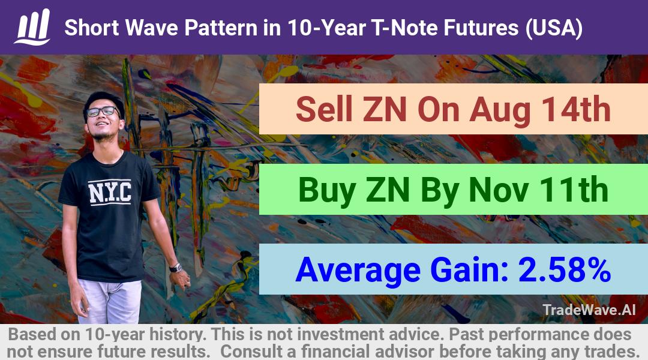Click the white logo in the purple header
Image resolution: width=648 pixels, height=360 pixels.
pyautogui.click(x=32, y=26)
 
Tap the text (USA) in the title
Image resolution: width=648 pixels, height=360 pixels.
pyautogui.click(x=554, y=28)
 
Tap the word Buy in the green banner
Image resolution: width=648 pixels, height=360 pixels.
pyautogui.click(x=327, y=191)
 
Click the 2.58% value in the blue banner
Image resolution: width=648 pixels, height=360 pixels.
pyautogui.click(x=564, y=270)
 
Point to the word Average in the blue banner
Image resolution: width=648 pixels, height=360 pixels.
pyautogui.click(x=358, y=270)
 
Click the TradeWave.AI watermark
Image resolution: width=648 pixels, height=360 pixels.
pyautogui.click(x=589, y=310)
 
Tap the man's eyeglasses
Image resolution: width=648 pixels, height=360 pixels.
pyautogui.click(x=103, y=111)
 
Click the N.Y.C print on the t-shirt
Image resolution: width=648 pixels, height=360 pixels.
pyautogui.click(x=110, y=192)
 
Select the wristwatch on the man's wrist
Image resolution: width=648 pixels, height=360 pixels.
pyautogui.click(x=176, y=268)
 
